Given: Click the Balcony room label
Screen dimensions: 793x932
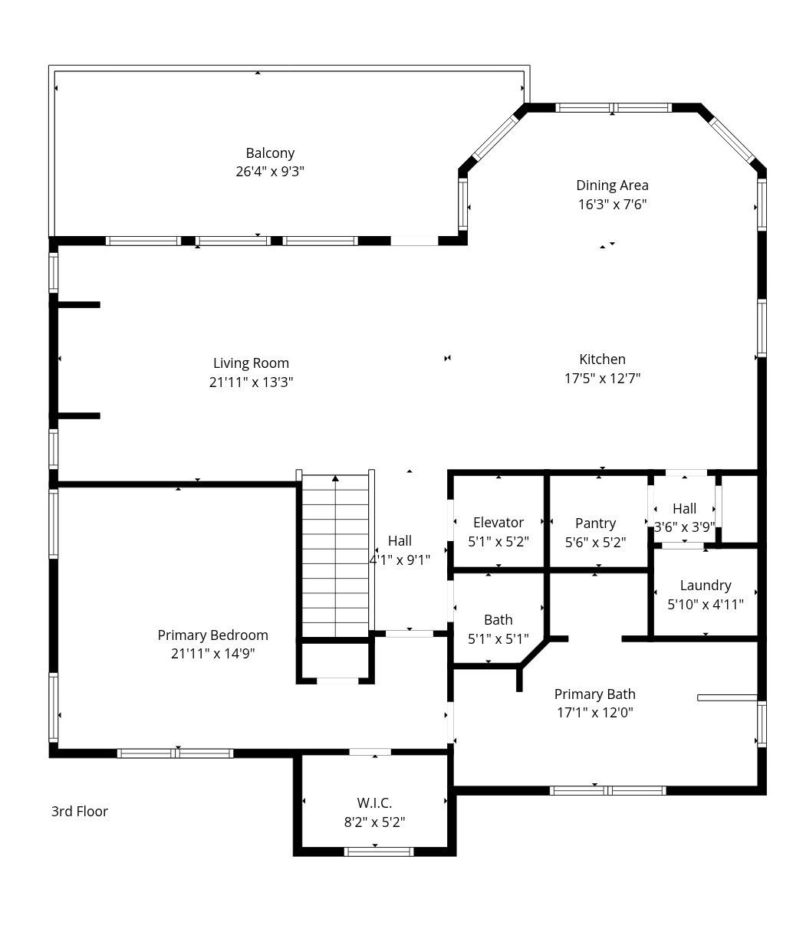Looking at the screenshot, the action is [x=270, y=153].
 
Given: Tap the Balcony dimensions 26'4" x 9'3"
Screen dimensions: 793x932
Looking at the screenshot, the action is [x=270, y=172].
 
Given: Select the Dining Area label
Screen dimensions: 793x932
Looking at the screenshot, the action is [x=612, y=185].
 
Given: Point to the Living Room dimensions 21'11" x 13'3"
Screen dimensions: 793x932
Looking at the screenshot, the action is [x=251, y=382].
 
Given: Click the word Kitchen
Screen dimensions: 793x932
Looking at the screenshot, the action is [x=602, y=359].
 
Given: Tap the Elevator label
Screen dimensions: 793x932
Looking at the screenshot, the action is [x=498, y=523].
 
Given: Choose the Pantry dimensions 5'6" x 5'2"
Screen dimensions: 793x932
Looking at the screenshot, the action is [x=595, y=542].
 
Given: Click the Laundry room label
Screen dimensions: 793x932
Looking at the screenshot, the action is [x=705, y=586].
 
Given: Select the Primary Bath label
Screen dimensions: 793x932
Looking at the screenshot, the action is [x=594, y=694].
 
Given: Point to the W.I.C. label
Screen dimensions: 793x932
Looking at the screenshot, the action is [x=374, y=803].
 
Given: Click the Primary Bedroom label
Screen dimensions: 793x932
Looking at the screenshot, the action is [x=212, y=635].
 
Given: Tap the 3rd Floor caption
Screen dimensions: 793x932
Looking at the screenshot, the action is [x=80, y=812].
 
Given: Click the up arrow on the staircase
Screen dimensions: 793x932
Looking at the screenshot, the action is [x=335, y=478].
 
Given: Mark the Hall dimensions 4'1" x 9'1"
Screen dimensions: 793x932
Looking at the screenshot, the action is [x=400, y=560].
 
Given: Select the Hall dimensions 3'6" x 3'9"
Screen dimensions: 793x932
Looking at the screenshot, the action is [x=684, y=527].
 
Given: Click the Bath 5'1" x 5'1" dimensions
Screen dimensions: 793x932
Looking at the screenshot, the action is [x=498, y=639].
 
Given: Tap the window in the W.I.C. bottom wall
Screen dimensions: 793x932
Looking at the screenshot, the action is [x=378, y=852].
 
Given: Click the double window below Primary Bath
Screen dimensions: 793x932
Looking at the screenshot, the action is [x=607, y=790].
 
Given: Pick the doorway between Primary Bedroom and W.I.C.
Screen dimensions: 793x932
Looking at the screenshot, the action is [x=370, y=752].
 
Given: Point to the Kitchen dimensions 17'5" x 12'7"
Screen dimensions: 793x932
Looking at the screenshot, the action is [x=602, y=379].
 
